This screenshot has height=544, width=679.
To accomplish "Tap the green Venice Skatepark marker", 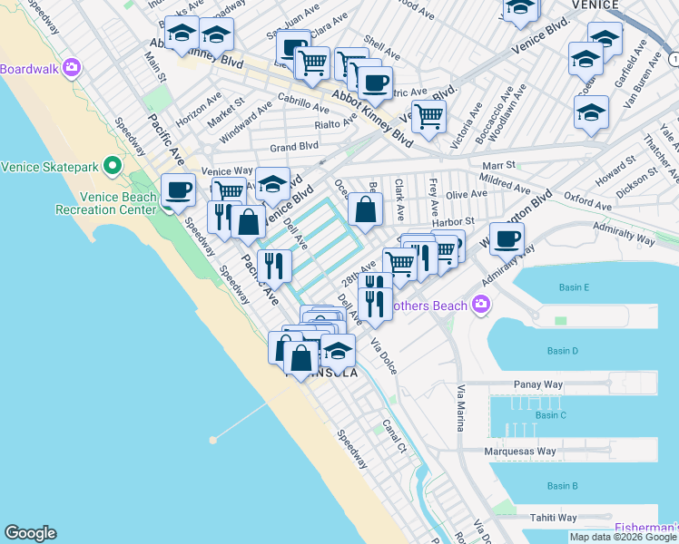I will click(113, 166).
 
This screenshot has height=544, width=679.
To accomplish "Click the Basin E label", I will click(574, 288).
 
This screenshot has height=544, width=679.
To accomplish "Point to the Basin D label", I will click(563, 351).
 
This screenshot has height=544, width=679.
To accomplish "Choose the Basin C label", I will click(551, 415).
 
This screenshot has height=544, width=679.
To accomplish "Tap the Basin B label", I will click(563, 486).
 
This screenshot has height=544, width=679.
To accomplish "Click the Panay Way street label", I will click(539, 384).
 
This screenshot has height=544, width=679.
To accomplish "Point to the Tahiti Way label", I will click(554, 518).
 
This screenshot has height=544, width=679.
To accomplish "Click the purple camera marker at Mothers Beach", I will click(482, 306).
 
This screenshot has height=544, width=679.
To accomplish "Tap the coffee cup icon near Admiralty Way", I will click(507, 238).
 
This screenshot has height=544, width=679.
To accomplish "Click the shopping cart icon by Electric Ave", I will click(428, 115).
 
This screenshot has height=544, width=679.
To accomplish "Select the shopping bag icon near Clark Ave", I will click(364, 211).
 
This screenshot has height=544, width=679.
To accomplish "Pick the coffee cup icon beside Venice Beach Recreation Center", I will click(178, 190).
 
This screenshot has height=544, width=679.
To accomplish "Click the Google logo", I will click(30, 533).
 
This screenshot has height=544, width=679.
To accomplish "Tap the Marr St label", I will click(498, 166).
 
